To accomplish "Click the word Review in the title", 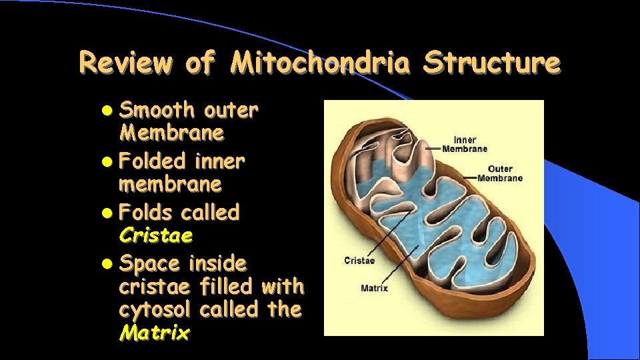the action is [125, 64].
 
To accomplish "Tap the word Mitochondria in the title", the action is [321, 64].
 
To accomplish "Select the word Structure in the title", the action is [491, 64].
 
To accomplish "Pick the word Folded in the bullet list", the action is [153, 161].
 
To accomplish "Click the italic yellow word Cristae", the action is [156, 235].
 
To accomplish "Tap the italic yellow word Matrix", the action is [154, 333].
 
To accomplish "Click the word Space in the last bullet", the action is [149, 264].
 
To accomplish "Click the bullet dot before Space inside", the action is [109, 265].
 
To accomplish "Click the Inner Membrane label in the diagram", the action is [465, 144].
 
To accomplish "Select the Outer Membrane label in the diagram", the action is [500, 173].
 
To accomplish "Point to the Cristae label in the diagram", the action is [359, 261].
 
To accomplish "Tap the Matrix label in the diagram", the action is [374, 289].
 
